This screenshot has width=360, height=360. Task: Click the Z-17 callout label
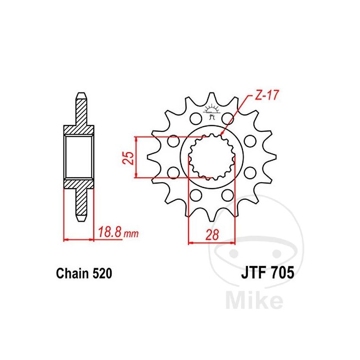coord(266,95)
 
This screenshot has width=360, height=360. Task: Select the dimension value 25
coord(129,157)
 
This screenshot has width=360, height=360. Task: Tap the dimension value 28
coord(212,234)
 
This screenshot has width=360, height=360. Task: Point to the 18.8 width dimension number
coord(110,232)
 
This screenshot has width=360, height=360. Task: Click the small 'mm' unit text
coord(131,234)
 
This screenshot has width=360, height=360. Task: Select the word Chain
coord(72,274)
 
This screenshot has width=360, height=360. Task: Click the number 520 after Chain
coord(102,274)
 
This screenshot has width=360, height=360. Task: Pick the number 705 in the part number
coord(282,273)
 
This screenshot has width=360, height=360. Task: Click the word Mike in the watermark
coord(254,300)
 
